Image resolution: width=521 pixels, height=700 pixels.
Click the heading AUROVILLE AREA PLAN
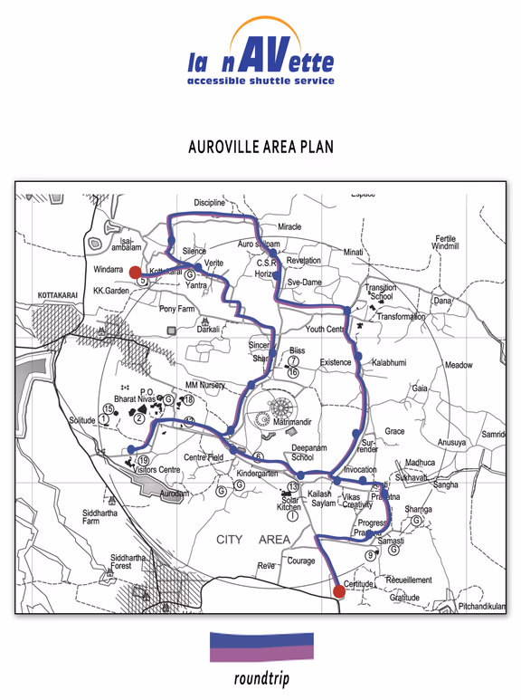click(x=260, y=146)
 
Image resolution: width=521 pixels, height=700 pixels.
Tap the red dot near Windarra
click(x=135, y=271)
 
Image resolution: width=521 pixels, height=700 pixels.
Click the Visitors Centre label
click(x=157, y=470)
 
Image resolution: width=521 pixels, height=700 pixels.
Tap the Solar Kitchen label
click(x=290, y=504)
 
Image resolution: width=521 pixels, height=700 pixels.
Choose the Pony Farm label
click(x=177, y=309)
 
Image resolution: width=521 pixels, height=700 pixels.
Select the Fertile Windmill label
click(x=446, y=242)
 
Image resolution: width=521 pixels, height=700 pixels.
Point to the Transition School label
click(x=380, y=292)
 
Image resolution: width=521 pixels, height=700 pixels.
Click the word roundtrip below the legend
click(x=261, y=679)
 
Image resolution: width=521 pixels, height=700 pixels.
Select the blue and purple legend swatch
click(x=261, y=647)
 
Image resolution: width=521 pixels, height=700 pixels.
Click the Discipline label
click(x=209, y=203)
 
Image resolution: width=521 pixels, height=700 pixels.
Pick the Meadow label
click(x=459, y=365)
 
